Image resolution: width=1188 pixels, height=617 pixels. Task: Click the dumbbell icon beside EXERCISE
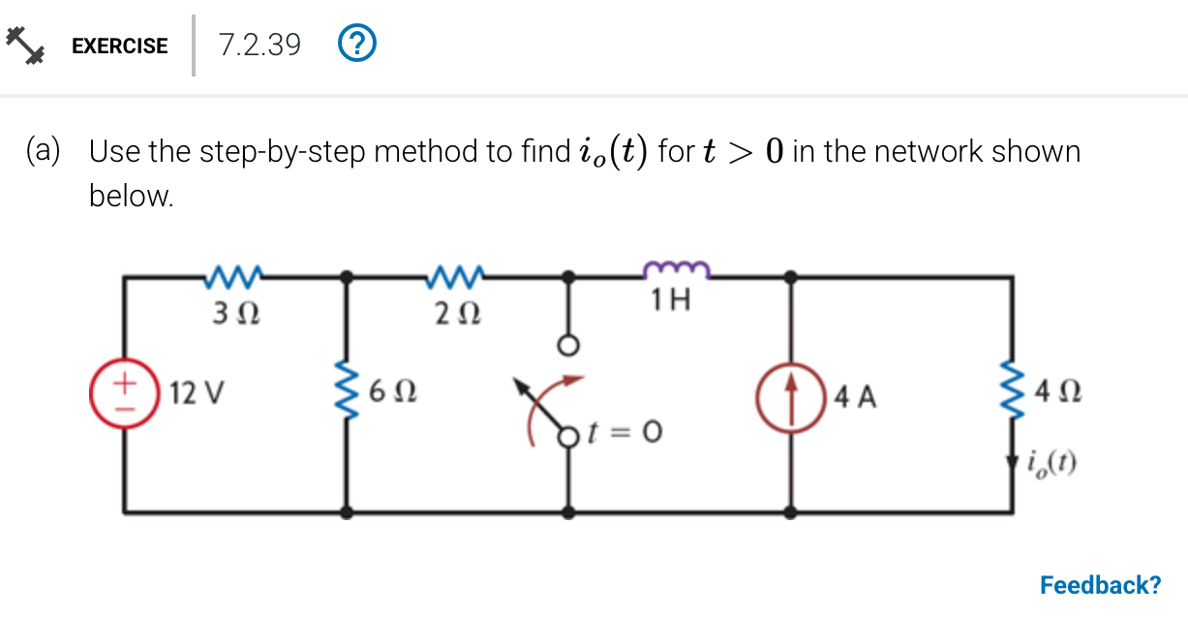point(26,46)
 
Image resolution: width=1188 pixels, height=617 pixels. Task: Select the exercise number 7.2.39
point(259,45)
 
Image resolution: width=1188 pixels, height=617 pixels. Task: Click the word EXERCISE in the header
point(120,46)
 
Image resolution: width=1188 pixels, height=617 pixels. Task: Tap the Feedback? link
point(1100,585)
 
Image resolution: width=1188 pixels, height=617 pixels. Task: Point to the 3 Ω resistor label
point(233,313)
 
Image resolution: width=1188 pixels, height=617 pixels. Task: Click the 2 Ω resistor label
point(455,314)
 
